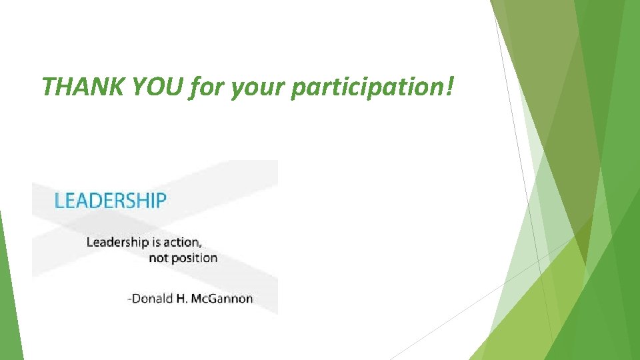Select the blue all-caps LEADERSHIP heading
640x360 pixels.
[110, 201]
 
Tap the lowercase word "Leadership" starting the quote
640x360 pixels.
[117, 242]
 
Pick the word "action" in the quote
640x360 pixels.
[183, 241]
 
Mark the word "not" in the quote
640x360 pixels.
[158, 258]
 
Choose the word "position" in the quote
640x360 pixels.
[194, 259]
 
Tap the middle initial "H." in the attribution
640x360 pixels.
[182, 299]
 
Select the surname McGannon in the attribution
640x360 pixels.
[222, 299]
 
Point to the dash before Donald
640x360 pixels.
[129, 299]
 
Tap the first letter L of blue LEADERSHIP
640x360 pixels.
[59, 201]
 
